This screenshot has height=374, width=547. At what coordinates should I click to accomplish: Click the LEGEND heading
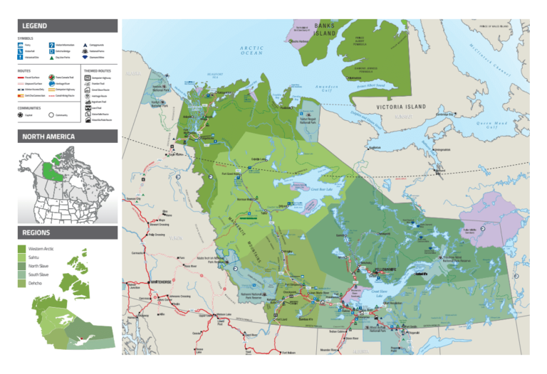click(x=35, y=26)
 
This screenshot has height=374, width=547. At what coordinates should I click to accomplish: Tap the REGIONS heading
click(x=36, y=233)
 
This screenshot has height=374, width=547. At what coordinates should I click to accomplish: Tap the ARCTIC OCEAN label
click(x=251, y=50)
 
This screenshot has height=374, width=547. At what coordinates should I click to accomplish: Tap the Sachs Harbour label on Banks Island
click(x=299, y=41)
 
